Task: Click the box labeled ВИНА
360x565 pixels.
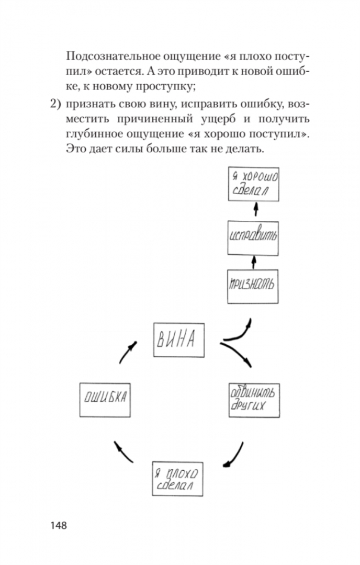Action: pyautogui.click(x=178, y=341)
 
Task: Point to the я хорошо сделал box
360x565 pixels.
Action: pyautogui.click(x=254, y=183)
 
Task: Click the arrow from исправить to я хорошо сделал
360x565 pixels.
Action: pyautogui.click(x=256, y=210)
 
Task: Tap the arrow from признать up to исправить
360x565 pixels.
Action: pyautogui.click(x=254, y=260)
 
